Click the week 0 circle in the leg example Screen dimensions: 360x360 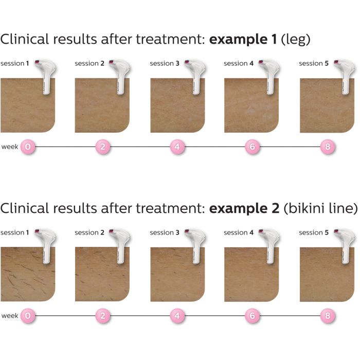pyautogui.click(x=28, y=147)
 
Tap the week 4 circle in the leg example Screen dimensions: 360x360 pyautogui.click(x=177, y=147)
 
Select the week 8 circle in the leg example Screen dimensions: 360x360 pyautogui.click(x=327, y=147)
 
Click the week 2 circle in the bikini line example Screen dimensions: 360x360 pyautogui.click(x=102, y=316)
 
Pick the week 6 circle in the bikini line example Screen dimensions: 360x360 pyautogui.click(x=252, y=316)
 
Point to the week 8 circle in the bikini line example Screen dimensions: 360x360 pyautogui.click(x=327, y=316)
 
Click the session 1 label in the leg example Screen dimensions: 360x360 pyautogui.click(x=14, y=64)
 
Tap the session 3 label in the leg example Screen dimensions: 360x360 pyautogui.click(x=165, y=64)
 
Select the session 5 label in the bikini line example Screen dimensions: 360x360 pyautogui.click(x=314, y=233)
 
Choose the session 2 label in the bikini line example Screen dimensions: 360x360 pyautogui.click(x=89, y=233)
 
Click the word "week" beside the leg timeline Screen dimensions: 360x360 pyautogui.click(x=10, y=147)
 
